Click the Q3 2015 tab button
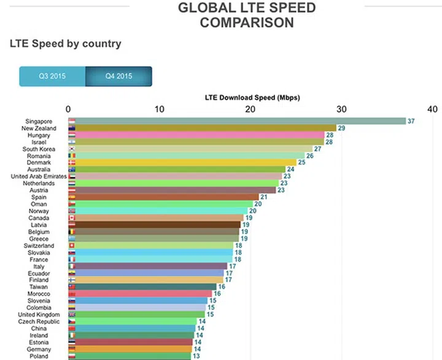coord(52,77)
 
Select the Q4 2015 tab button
coord(118,77)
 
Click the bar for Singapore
coord(237,121)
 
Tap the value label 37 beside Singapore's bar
coord(411,121)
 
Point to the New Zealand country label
coord(39,128)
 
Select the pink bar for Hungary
coord(196,135)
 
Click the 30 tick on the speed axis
coord(341,109)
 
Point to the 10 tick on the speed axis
coord(160,109)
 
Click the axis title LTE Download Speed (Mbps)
coord(252,98)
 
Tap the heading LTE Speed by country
coord(65,44)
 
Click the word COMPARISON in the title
coord(246,23)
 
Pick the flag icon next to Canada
coord(72,217)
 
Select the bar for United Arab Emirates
coord(175,176)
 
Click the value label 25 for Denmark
coord(301,162)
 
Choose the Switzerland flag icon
coord(72,245)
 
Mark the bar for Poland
coord(130,356)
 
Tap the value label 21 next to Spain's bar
coord(263,197)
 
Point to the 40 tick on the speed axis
coord(432,109)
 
